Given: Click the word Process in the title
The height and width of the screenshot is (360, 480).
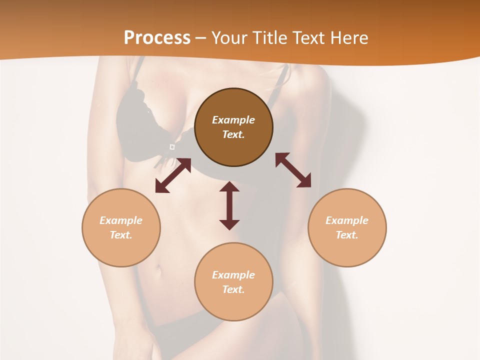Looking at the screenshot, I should [157, 38].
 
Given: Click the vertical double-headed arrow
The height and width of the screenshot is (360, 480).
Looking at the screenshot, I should [229, 205].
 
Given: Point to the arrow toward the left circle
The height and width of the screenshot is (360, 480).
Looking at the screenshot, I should [173, 175].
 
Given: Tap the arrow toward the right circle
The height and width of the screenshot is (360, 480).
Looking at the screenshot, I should [293, 170].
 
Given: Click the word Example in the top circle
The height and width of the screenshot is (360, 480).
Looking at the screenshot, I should [233, 120].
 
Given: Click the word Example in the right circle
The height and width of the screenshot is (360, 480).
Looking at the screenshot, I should [347, 220].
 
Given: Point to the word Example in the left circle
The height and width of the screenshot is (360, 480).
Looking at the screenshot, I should [121, 220].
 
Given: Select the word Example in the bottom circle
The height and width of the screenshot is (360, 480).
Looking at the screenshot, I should [233, 275].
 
